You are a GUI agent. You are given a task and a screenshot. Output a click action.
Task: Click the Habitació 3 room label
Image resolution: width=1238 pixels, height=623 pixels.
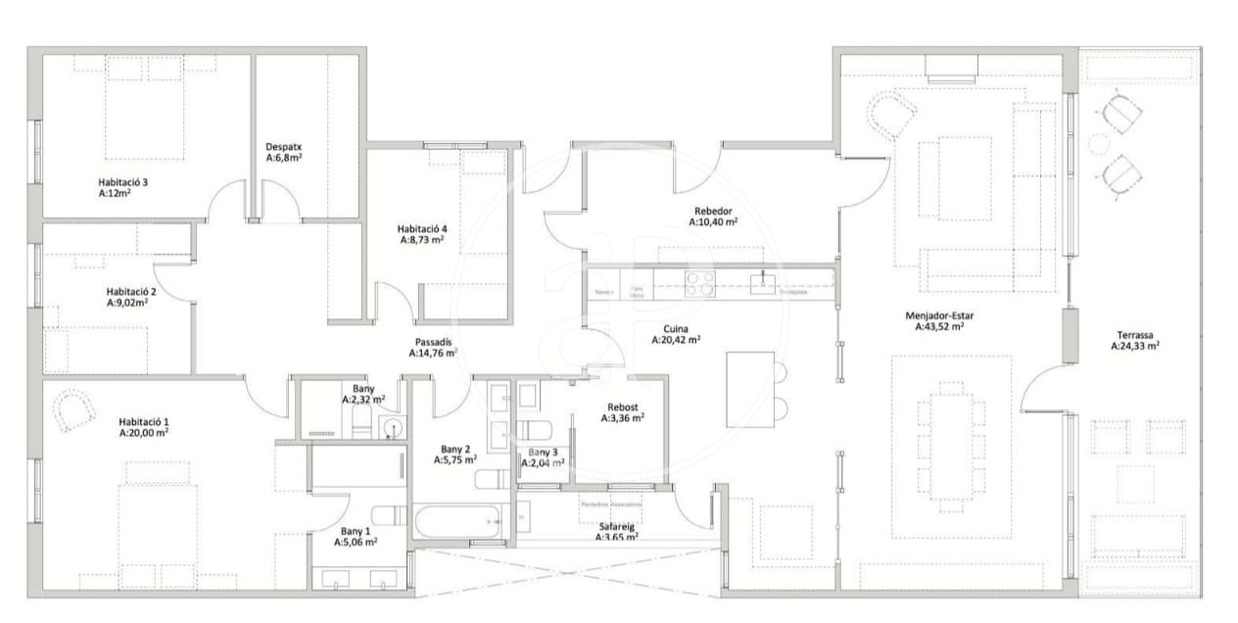122,182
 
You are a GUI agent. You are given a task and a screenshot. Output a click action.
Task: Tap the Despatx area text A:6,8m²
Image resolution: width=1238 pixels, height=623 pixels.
283,158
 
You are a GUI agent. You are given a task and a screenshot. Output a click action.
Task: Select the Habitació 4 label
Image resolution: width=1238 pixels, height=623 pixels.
422,228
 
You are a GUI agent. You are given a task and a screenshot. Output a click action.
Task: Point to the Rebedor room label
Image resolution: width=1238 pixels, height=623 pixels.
713,211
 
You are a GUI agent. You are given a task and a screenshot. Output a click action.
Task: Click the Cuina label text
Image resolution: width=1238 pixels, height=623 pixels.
676,329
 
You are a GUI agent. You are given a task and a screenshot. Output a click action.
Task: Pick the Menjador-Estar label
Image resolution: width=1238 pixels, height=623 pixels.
938,316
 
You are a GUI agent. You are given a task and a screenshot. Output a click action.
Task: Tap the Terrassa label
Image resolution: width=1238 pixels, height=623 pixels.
1135,333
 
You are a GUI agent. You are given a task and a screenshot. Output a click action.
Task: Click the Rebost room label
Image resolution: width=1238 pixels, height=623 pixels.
622,406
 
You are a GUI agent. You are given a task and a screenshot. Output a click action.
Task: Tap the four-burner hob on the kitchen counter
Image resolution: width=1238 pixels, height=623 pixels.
699,283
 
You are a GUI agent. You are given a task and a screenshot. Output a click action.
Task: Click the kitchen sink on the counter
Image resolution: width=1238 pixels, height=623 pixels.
763,284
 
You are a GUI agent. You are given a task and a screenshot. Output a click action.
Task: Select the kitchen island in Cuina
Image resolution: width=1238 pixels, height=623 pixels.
750,389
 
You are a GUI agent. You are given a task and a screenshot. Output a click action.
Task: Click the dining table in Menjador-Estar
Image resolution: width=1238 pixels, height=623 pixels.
951,446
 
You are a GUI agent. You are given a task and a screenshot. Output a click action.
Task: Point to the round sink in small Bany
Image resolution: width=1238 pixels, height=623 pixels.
393,427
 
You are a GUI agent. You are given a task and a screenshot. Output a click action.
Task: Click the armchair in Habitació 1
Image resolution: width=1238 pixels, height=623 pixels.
72,410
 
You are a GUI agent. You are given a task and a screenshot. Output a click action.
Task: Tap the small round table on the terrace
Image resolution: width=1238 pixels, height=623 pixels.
1099,144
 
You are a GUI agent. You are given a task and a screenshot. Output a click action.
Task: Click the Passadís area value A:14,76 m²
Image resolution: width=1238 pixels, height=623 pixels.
432,354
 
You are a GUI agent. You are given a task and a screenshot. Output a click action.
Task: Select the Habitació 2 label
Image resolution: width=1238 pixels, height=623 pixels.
131,291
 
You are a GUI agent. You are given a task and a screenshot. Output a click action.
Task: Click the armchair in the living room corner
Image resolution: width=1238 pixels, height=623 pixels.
890,115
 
